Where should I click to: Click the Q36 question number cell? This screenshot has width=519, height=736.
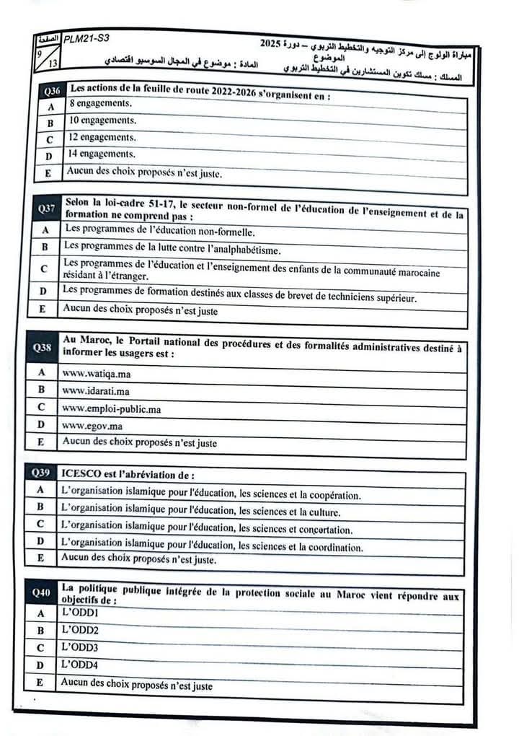[51, 92]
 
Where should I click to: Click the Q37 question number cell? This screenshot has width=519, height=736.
[48, 209]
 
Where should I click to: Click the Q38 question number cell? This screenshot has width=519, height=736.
[43, 348]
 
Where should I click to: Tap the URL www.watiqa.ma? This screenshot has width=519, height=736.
[97, 374]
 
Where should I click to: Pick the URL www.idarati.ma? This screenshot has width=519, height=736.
[96, 391]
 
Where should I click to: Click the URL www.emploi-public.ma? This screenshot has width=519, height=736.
[111, 408]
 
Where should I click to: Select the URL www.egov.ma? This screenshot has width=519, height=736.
[92, 426]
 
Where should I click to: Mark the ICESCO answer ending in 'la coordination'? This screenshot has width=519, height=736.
[212, 547]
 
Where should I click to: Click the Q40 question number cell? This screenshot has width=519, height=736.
[41, 593]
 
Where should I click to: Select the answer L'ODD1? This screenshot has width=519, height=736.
[79, 613]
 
